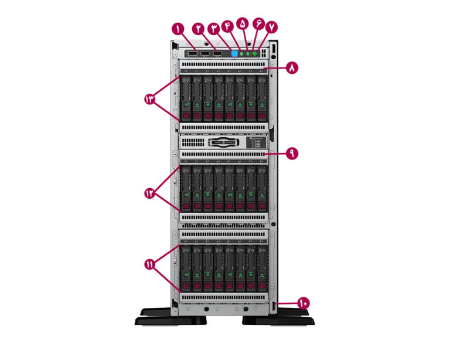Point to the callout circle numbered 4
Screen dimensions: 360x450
click(230, 26)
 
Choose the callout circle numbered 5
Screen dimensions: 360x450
click(244, 24)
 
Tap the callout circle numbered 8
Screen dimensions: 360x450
click(291, 67)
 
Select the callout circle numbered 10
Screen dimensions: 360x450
click(304, 303)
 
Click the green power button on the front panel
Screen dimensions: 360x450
click(255, 53)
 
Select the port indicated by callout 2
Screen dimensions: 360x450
click(205, 54)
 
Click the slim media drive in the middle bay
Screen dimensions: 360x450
click(223, 142)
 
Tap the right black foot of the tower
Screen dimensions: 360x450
click(281, 320)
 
